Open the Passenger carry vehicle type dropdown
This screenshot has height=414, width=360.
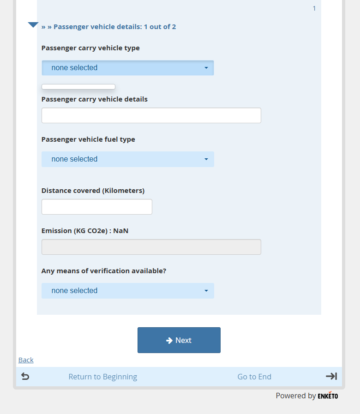point(127,68)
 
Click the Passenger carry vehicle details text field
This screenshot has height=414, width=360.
point(151,115)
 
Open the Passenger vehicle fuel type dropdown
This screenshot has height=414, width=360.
point(127,159)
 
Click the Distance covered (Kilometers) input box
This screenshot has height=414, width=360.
point(96,207)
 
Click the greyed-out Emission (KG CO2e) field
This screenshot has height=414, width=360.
point(151,247)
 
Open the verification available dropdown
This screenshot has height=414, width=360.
point(127,291)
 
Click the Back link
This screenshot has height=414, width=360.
point(26,360)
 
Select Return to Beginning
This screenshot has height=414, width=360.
point(102,377)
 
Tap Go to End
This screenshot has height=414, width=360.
point(254,377)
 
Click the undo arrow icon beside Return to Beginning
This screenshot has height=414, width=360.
point(25,377)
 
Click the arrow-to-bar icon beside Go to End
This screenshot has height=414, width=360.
point(331,376)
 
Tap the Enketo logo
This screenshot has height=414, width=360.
point(328,396)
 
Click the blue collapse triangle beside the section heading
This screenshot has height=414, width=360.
point(33,25)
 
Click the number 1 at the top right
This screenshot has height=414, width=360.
point(314,8)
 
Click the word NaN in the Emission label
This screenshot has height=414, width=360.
point(121,231)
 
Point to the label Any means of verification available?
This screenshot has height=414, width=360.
point(103,271)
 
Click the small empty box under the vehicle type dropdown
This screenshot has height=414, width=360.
point(78,87)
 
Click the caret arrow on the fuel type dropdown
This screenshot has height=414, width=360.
point(206,159)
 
